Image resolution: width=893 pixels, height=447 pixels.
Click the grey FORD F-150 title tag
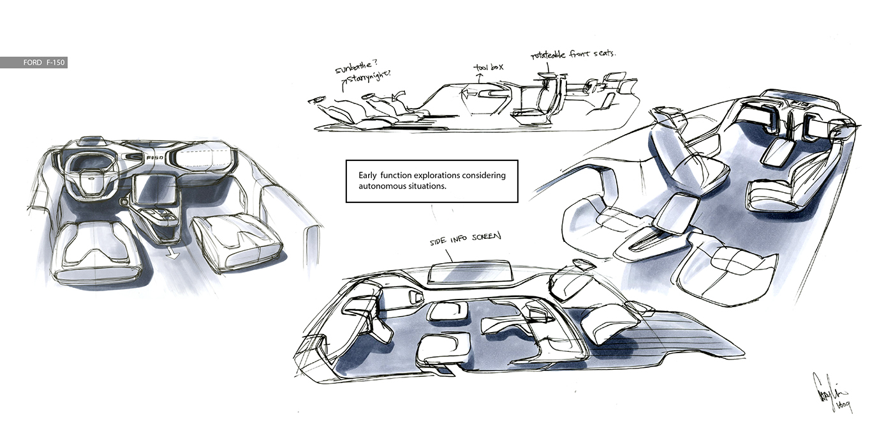click(x=34, y=63)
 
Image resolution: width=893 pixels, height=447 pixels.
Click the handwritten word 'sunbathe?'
click(x=355, y=69)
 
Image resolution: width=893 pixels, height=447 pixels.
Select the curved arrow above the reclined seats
click(x=401, y=96)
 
